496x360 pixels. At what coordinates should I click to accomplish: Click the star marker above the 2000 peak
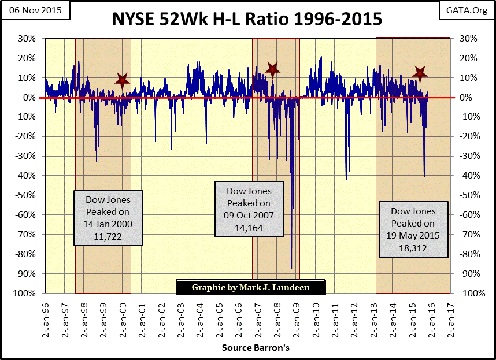coord(121,81)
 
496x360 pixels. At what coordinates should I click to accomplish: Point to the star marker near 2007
coord(272,69)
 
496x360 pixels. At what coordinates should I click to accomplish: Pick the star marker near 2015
coord(420,73)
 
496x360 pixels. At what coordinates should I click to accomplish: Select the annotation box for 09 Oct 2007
coord(249,209)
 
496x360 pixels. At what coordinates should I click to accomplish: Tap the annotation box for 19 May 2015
coord(413,229)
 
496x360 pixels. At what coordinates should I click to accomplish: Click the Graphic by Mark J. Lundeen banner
coord(250,287)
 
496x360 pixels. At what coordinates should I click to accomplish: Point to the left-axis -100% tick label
coord(23,293)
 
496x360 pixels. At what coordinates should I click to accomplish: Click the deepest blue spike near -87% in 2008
coord(291,267)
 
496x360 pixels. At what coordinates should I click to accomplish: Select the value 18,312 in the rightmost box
coord(413,247)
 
